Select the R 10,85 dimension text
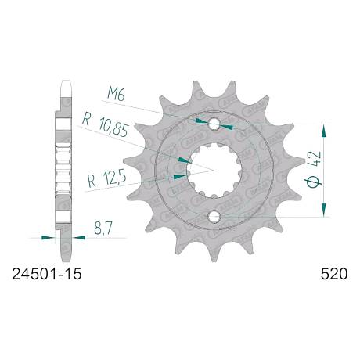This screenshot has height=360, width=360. [x=106, y=127]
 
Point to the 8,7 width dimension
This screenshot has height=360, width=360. [x=103, y=229]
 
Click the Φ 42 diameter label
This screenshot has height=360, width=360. [x=313, y=169]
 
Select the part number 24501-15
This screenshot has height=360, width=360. [x=47, y=274]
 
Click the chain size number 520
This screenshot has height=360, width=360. [x=334, y=274]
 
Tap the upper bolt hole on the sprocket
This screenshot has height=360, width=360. [x=214, y=124]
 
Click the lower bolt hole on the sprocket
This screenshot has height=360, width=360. [x=214, y=216]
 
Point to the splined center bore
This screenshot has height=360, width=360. [x=214, y=170]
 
